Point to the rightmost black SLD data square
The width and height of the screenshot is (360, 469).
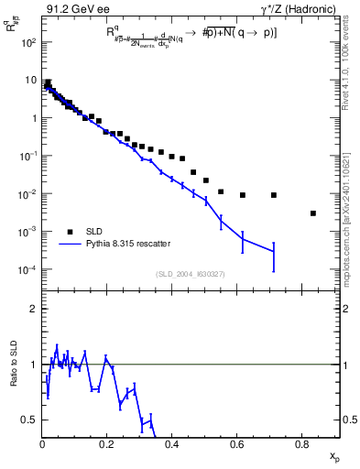313,213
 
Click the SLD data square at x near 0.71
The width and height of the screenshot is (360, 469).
274,195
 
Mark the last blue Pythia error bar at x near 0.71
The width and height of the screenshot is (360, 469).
274,256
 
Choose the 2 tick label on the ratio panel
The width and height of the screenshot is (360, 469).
32,309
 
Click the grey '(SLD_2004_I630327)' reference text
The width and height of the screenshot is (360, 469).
184,274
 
